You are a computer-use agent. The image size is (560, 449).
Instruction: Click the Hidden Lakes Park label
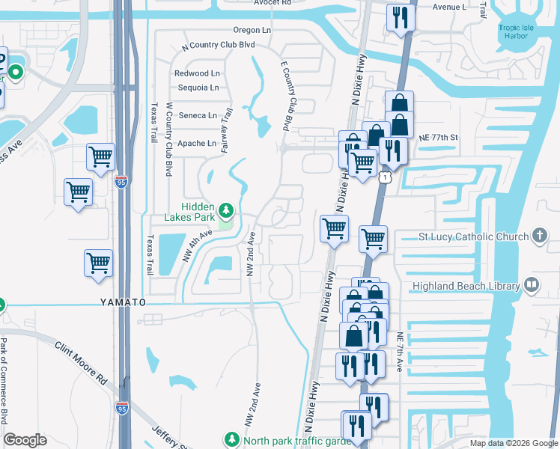pyautogui.click(x=190, y=212)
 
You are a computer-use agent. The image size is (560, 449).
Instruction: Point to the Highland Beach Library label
pyautogui.click(x=465, y=286)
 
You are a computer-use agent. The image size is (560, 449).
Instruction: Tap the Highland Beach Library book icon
pyautogui.click(x=531, y=284)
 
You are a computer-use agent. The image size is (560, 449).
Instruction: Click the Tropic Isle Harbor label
pyautogui.click(x=517, y=32)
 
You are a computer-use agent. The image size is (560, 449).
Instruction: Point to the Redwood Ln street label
pyautogui.click(x=197, y=73)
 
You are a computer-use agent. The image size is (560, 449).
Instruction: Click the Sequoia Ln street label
pyautogui.click(x=198, y=88)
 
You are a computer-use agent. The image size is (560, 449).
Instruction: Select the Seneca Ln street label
pyautogui.click(x=201, y=115)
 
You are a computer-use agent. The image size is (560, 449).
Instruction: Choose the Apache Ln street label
pyautogui.click(x=201, y=143)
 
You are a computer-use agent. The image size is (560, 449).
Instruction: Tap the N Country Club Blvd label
pyautogui.click(x=219, y=46)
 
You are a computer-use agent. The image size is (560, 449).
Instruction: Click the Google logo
pyautogui.click(x=25, y=440)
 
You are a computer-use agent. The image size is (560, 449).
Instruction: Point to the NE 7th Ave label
pyautogui.click(x=401, y=349)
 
